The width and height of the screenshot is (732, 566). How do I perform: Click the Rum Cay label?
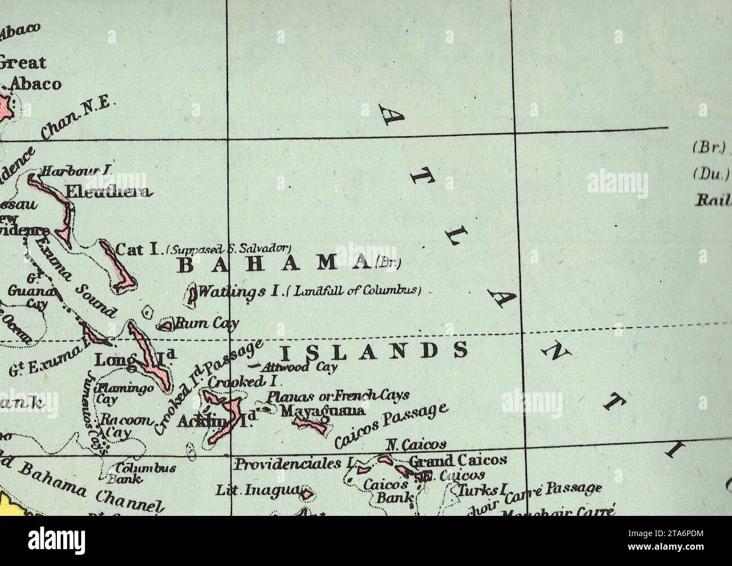pyautogui.click(x=207, y=323)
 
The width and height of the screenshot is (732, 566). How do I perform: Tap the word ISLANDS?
pyautogui.click(x=373, y=351)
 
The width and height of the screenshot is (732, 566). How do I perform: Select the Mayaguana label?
pyautogui.click(x=323, y=411)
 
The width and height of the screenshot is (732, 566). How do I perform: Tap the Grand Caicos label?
pyautogui.click(x=457, y=460)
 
